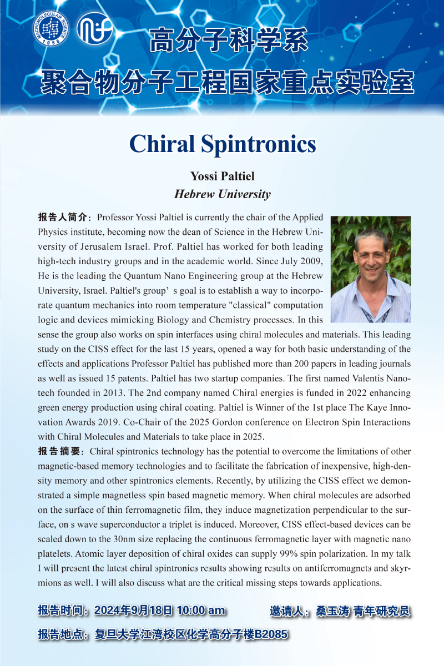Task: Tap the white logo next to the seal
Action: tap(95, 28)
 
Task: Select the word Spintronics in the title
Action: tap(260, 144)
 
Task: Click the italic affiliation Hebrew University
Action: tap(222, 194)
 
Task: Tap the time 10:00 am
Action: tap(201, 610)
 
